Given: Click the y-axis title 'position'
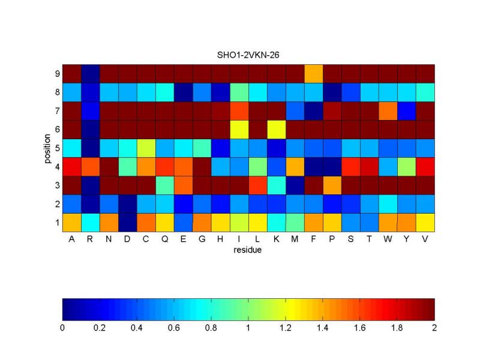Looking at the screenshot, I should coord(47,148).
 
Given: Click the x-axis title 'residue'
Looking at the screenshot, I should coord(248,250).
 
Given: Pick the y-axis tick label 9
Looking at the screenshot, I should coord(58,74).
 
